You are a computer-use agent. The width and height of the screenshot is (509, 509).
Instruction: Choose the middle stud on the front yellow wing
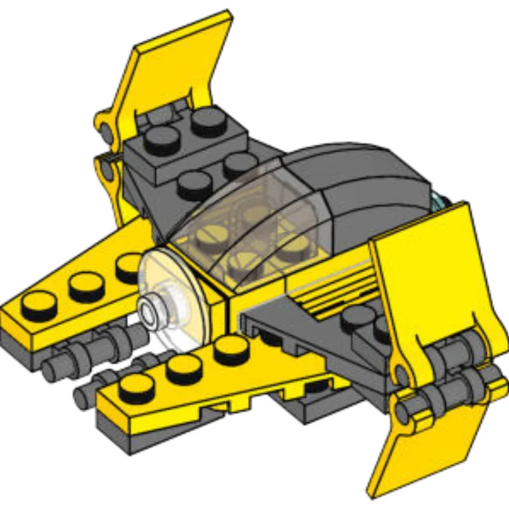pos(185,368)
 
